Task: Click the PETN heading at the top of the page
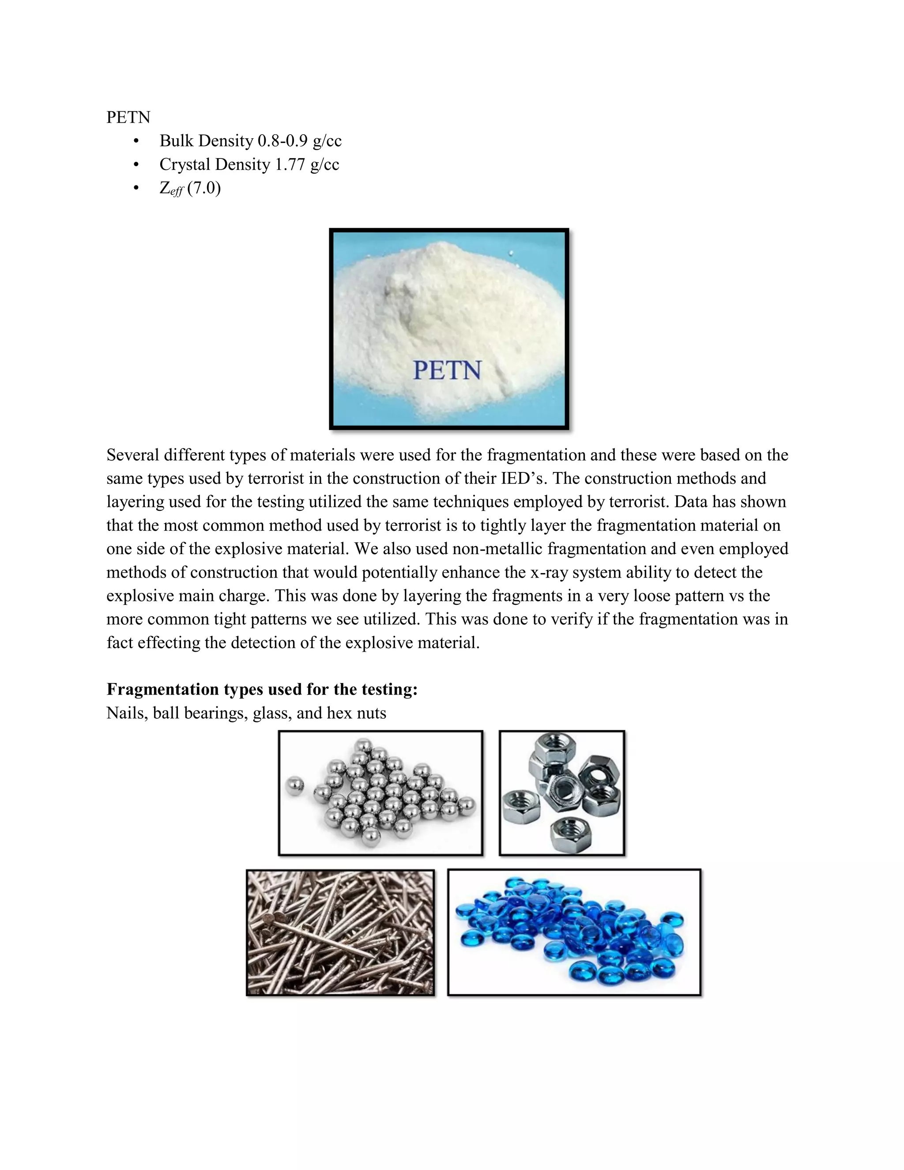click(x=128, y=117)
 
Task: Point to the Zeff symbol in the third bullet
click(x=171, y=189)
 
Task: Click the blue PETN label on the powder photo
click(x=447, y=371)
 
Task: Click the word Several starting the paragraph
click(x=133, y=455)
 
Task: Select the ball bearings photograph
click(x=380, y=793)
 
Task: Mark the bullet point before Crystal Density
click(x=136, y=165)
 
